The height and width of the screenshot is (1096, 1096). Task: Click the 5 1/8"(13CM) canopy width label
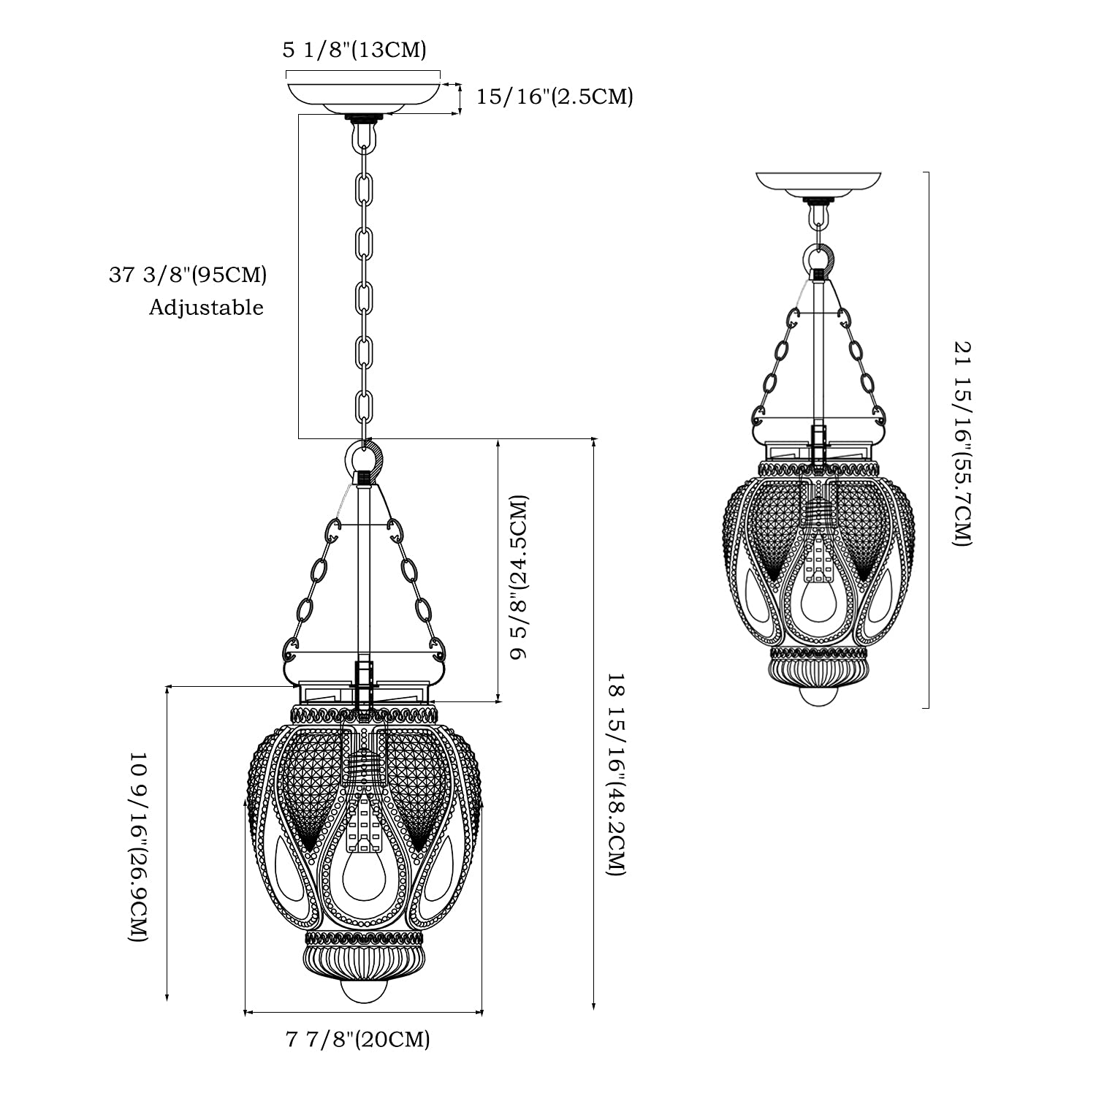(x=354, y=50)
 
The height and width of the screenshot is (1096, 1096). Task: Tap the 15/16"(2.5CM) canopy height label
(x=555, y=96)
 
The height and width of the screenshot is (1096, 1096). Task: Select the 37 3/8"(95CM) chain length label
(x=188, y=275)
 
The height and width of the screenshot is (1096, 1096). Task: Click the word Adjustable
(x=206, y=307)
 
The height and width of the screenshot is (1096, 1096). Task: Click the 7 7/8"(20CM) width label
(x=357, y=1038)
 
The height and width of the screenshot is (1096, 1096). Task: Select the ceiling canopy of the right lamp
(x=818, y=184)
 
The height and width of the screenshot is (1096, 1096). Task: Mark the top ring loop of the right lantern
(x=819, y=259)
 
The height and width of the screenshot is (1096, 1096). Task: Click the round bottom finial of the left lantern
(x=363, y=992)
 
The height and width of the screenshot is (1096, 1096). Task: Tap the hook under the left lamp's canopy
(x=363, y=134)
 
